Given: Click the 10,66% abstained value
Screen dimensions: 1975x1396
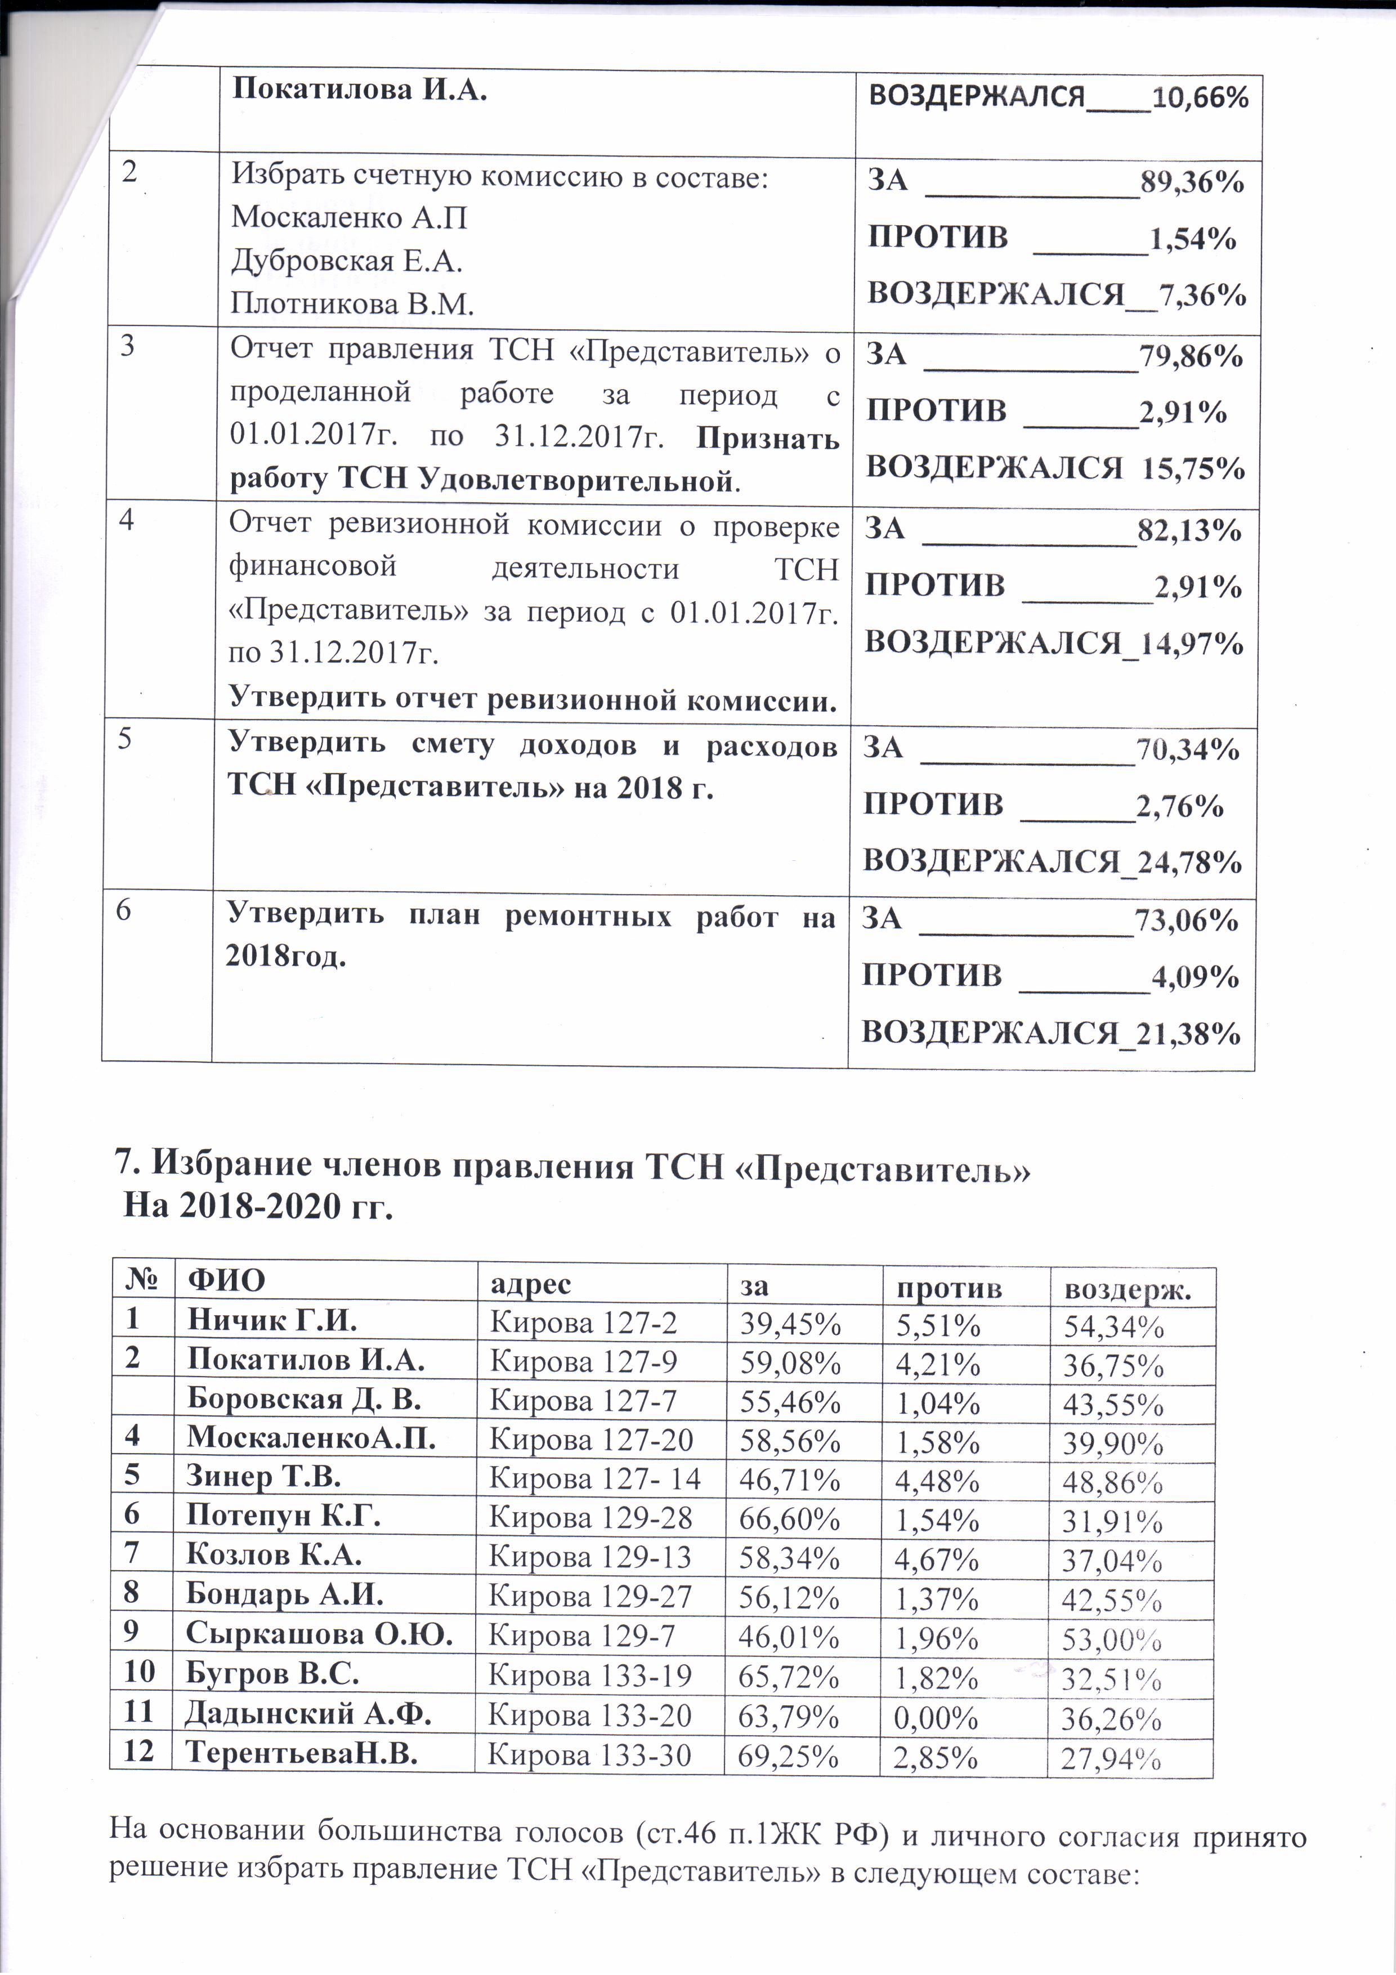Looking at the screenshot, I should pyautogui.click(x=1200, y=97).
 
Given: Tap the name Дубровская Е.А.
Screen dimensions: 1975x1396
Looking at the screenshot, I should pyautogui.click(x=347, y=261).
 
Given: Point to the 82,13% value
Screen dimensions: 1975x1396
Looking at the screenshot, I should pyautogui.click(x=1189, y=530).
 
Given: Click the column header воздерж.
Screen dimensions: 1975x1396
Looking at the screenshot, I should pyautogui.click(x=1127, y=1289).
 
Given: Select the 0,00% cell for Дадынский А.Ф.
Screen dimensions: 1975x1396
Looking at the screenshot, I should pyautogui.click(x=936, y=1718).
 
